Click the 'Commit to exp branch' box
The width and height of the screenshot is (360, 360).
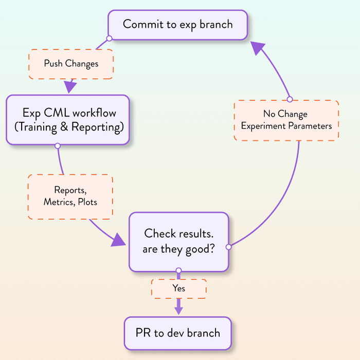coord(177,24)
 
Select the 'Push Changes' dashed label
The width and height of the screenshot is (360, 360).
coord(71,64)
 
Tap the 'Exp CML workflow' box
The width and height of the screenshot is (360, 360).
coord(67,120)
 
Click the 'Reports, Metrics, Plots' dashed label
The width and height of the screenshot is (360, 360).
coord(70,196)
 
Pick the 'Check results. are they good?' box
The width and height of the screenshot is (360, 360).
coord(178,241)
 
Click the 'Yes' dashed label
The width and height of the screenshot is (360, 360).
coord(178,289)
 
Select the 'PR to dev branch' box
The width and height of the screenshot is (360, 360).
coord(178,333)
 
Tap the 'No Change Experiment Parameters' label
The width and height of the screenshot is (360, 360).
coord(286,120)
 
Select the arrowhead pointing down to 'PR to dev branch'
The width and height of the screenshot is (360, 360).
coord(178,310)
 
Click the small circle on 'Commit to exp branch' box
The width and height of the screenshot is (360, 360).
coord(109,38)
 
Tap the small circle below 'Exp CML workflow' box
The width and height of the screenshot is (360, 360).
coord(58,146)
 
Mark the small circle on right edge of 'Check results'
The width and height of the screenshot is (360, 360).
coord(229,247)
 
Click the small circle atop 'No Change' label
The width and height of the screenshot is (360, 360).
coord(290,99)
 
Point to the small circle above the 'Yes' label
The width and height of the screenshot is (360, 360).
coord(178,271)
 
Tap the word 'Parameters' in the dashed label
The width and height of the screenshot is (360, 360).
coord(308,126)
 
